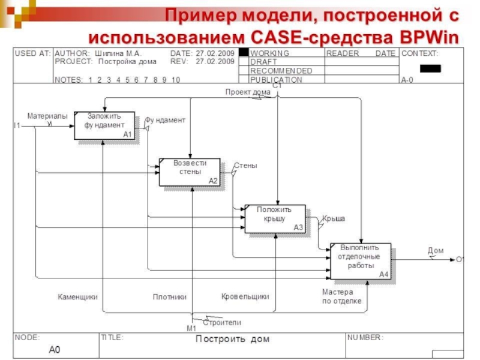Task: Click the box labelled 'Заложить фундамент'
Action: coord(104,125)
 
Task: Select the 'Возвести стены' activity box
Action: coord(190,172)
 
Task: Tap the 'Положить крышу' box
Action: coord(275,218)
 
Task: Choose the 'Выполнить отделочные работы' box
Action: coord(361,261)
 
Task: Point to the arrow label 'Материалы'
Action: coord(47,116)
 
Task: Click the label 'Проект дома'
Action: coord(248,92)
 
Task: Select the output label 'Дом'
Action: coord(436,250)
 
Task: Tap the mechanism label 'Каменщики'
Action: coord(78,296)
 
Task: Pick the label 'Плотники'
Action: coord(170,296)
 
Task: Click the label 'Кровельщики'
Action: coord(245,296)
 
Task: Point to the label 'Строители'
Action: coord(222,322)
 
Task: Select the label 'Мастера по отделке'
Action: coord(341,296)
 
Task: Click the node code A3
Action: coord(298,227)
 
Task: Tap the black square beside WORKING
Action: coord(244,52)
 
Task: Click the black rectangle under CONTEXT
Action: coord(430,68)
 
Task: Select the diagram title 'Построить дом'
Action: coord(233,339)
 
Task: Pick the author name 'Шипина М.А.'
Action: coord(118,53)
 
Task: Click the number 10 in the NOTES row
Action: coord(176,80)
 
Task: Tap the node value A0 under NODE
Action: coord(55,349)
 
